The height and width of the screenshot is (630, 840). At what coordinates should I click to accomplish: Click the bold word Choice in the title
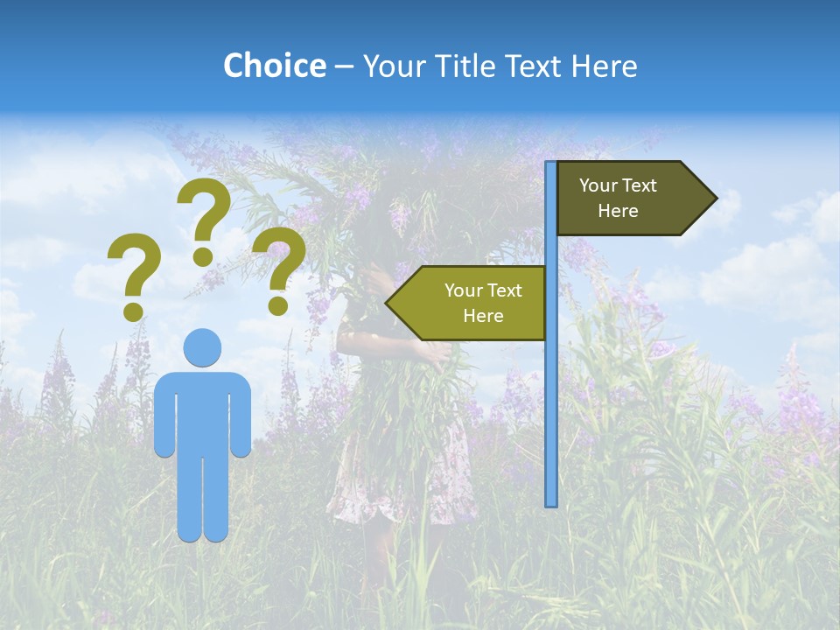(274, 66)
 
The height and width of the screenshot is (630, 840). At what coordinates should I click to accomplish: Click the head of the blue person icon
(202, 347)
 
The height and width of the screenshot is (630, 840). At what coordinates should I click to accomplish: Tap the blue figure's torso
(202, 411)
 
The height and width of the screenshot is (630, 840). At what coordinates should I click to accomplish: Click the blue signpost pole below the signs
(550, 420)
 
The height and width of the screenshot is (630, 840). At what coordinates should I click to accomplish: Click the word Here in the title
(604, 66)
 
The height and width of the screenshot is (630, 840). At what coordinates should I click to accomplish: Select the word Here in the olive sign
(483, 316)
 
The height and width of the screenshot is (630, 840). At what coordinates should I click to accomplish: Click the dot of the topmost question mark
(203, 256)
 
